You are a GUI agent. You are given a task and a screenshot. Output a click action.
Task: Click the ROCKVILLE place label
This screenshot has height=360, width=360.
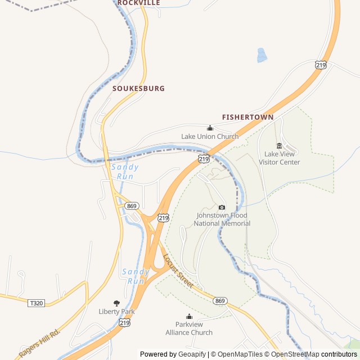click(139, 3)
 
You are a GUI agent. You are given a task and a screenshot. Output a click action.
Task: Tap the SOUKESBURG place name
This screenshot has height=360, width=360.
click(138, 88)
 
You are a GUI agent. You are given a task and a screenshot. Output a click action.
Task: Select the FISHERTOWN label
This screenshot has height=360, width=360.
click(247, 117)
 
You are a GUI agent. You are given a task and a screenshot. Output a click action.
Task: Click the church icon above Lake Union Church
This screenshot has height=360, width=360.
click(210, 128)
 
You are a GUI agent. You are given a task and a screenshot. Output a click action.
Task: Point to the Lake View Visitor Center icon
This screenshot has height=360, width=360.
click(279, 146)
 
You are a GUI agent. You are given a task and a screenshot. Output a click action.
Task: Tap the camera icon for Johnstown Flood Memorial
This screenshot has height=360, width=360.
click(222, 207)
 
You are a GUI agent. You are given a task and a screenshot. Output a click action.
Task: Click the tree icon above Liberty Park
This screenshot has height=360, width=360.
click(117, 303)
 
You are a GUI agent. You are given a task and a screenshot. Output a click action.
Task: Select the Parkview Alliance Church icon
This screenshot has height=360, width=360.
click(189, 317)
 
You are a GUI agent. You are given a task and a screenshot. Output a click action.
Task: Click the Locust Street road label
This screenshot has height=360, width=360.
click(178, 271)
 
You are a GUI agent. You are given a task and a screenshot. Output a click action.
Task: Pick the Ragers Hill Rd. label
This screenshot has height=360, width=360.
click(39, 343)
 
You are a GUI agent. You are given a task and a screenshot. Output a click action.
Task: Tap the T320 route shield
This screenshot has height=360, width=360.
click(35, 303)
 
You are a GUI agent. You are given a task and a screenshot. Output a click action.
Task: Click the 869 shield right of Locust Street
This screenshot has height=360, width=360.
click(220, 301)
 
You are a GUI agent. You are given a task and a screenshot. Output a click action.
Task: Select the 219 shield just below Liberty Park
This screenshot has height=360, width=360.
click(124, 322)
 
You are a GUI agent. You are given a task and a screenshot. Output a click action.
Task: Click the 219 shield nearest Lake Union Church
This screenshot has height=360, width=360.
click(204, 159)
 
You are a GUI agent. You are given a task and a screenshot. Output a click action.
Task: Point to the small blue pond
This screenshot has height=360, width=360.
click(262, 55)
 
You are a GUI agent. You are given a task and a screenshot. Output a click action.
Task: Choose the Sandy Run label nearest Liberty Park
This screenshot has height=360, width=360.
click(136, 276)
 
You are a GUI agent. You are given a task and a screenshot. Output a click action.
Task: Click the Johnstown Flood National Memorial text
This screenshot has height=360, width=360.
click(222, 219)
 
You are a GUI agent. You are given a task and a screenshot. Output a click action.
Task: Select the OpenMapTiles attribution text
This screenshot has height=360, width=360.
click(240, 354)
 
